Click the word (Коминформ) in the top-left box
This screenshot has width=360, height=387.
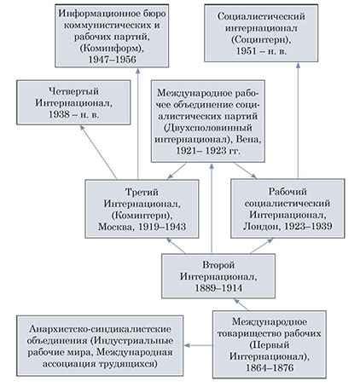point(112,49)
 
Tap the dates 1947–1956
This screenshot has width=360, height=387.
point(112,60)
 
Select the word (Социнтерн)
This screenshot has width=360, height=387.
point(261,40)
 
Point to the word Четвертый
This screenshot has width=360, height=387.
point(73,91)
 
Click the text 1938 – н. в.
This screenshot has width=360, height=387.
point(73,114)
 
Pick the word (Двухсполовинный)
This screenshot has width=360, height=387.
point(208,128)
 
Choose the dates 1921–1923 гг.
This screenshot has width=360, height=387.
point(208,151)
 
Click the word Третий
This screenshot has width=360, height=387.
point(142,192)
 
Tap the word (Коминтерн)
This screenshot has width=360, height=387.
point(142,216)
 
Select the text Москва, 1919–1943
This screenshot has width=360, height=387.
point(142,227)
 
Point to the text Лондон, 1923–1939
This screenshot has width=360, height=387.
point(287,226)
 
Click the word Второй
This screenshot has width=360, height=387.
point(218,265)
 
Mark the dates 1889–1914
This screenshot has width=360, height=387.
point(218,288)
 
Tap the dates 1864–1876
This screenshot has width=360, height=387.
point(270,368)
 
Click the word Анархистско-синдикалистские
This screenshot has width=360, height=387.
point(100,329)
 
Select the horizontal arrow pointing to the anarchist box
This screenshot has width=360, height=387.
point(198,345)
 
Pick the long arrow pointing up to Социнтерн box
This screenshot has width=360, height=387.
point(298,121)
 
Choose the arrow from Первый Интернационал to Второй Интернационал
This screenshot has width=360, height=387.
point(241,304)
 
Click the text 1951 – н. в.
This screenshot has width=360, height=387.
point(261,51)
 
